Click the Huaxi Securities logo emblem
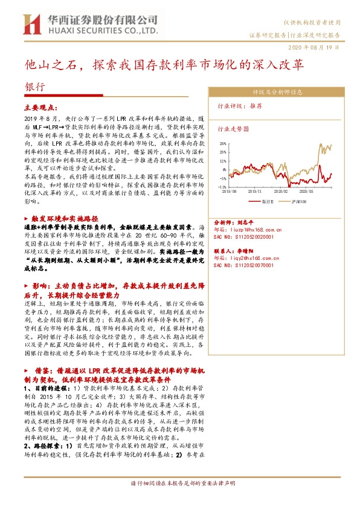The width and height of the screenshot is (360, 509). click(x=28, y=24)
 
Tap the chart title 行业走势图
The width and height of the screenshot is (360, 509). click(x=233, y=129)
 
